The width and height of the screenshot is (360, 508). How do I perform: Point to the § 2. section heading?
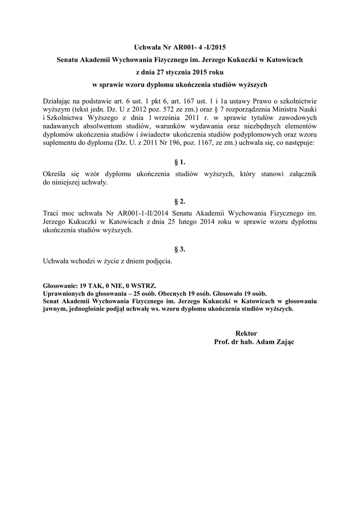tap(180, 201)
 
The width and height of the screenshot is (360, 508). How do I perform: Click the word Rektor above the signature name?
tap(246, 333)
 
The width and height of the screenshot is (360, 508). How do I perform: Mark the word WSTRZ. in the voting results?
tap(143, 286)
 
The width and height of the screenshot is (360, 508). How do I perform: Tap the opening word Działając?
tap(59, 101)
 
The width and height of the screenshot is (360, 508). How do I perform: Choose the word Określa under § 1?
tap(57, 174)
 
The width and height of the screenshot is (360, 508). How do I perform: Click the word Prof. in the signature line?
tap(221, 342)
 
